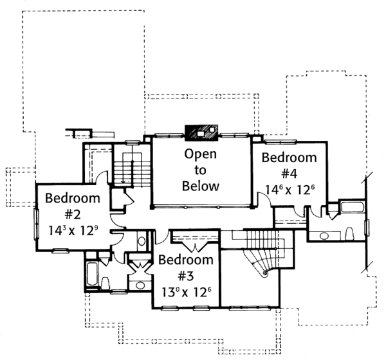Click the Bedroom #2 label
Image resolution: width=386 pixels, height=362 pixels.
(x=73, y=206)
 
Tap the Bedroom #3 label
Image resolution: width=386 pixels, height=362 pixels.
(x=186, y=267)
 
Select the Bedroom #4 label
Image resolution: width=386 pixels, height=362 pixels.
(x=289, y=165)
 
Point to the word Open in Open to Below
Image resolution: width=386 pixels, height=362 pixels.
(x=200, y=154)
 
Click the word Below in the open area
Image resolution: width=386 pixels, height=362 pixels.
(x=200, y=186)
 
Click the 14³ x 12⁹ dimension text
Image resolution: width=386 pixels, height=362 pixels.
(x=73, y=230)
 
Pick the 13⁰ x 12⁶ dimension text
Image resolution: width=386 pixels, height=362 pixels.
(x=187, y=292)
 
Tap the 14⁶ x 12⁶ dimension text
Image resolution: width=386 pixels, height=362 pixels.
(x=289, y=190)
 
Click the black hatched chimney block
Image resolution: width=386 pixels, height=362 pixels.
(x=201, y=132)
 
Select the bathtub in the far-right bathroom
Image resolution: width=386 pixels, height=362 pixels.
(x=353, y=207)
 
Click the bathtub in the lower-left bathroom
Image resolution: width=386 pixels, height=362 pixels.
(x=92, y=274)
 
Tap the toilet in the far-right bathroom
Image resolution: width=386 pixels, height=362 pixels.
(x=349, y=233)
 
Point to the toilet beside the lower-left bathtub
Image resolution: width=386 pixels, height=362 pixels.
(x=106, y=284)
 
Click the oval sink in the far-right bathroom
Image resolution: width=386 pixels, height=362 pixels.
(x=324, y=236)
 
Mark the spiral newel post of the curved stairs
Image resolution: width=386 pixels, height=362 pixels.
(x=265, y=273)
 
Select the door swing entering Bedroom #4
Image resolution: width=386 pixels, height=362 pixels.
(x=264, y=199)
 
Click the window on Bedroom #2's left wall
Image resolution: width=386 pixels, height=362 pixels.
(x=36, y=224)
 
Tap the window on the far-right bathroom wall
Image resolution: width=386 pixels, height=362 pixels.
(x=367, y=228)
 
